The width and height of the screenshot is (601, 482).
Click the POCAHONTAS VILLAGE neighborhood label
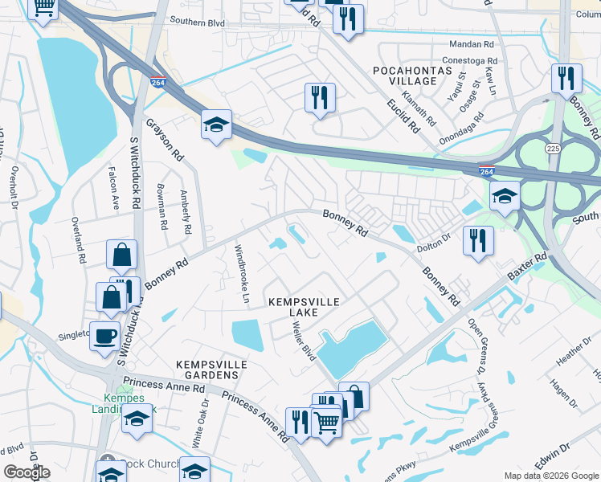[x=404, y=76]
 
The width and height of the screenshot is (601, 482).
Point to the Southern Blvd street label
[x=198, y=23]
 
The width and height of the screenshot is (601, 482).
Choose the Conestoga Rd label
[x=469, y=60]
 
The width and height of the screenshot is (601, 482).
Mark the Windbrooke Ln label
[x=239, y=268]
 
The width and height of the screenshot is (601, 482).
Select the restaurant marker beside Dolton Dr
[x=478, y=240]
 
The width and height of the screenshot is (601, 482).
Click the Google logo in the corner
[x=27, y=472]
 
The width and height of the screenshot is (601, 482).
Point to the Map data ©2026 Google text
[x=550, y=476]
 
